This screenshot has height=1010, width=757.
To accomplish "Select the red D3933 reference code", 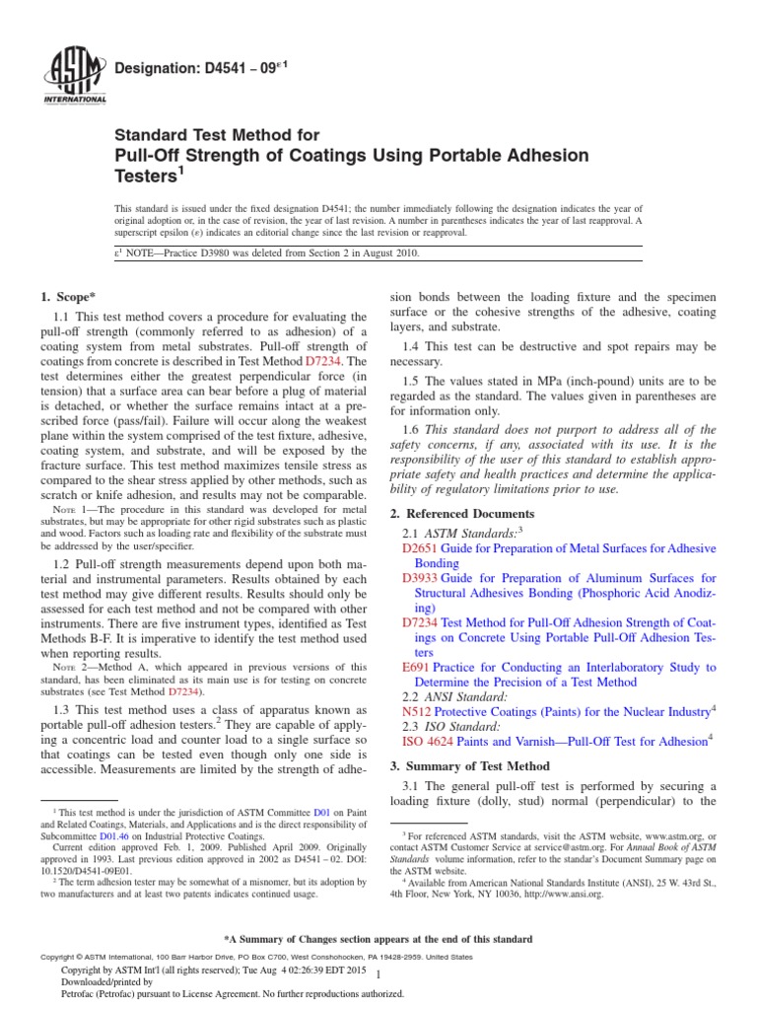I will [x=420, y=578].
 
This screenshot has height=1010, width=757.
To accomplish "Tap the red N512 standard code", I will [x=417, y=711].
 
